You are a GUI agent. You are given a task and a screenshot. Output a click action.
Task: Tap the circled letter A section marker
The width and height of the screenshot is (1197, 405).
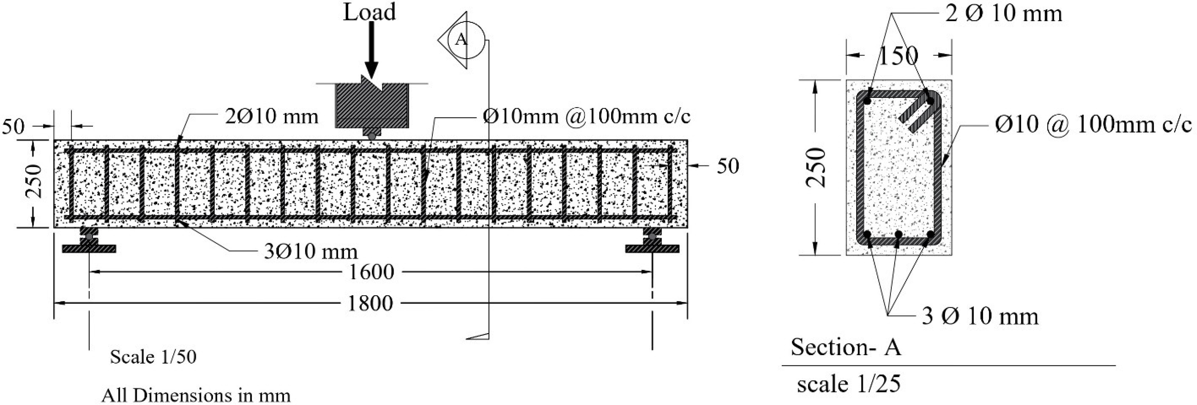click(x=461, y=40)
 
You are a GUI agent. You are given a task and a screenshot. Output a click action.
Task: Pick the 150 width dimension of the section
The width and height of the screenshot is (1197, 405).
click(x=898, y=56)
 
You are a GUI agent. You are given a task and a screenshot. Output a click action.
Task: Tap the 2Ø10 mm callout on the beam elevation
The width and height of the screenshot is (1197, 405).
click(x=272, y=116)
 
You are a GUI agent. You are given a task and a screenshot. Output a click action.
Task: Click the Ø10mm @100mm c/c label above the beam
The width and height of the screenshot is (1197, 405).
click(x=586, y=116)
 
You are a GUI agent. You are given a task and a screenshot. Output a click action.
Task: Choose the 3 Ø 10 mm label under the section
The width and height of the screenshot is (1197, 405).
click(x=980, y=316)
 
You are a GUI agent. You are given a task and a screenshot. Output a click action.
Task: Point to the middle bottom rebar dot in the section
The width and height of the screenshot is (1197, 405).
click(x=898, y=234)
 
